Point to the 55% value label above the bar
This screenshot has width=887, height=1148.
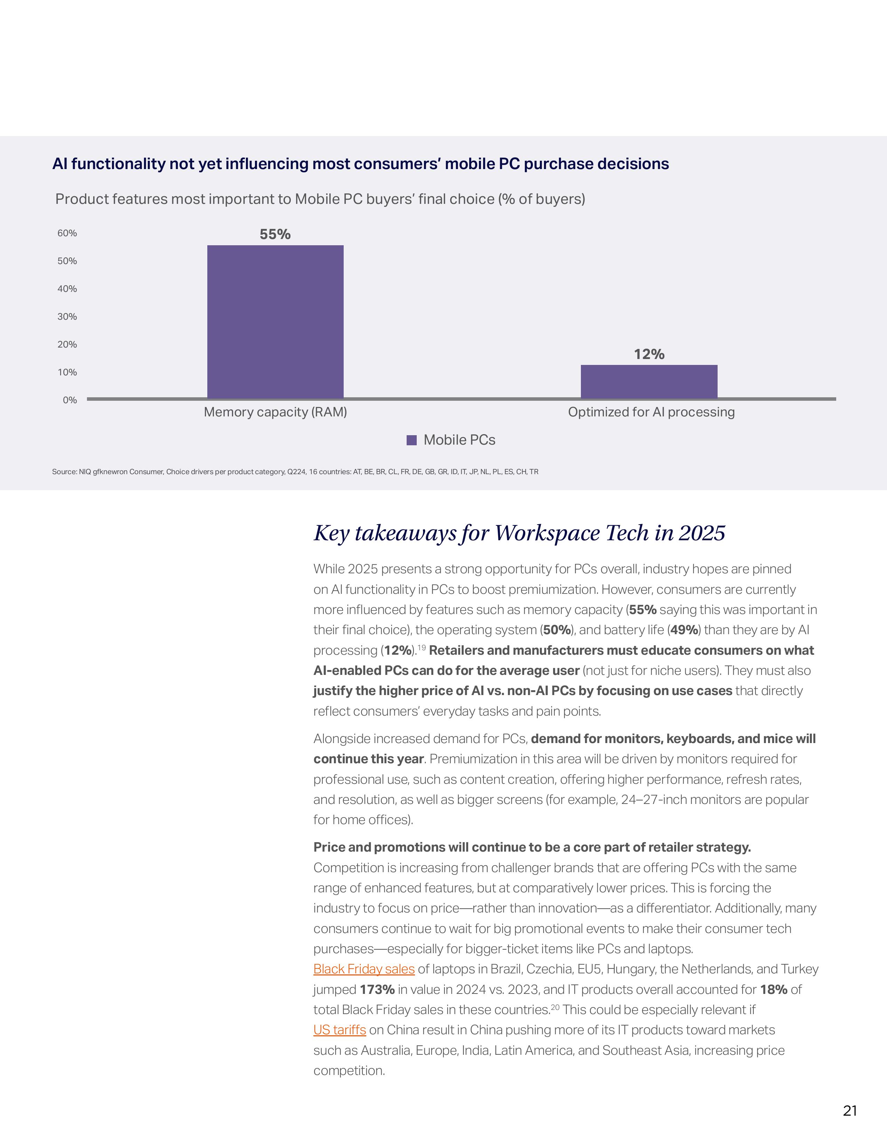(275, 234)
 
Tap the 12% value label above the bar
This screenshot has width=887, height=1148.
(649, 354)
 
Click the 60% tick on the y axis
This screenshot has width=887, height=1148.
(67, 233)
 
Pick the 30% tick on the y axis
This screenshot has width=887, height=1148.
(67, 317)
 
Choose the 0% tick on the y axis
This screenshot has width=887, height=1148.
(70, 400)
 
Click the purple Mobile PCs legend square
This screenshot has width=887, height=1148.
(412, 440)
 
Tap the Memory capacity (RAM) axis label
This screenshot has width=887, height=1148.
(275, 412)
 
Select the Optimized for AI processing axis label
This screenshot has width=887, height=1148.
(651, 412)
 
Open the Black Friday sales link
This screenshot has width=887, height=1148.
(363, 969)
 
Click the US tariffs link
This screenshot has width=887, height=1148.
(339, 1030)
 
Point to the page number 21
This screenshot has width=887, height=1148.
(850, 1111)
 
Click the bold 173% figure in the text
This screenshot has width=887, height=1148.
(377, 989)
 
